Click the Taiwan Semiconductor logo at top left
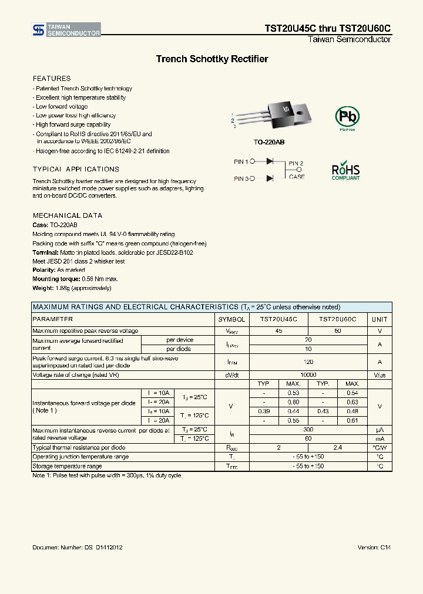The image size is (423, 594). [x=66, y=30]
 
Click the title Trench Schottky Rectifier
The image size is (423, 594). [x=211, y=59]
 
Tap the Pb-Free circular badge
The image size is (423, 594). [x=345, y=118]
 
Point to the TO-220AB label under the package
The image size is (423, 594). [x=269, y=143]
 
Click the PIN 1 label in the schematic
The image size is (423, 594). [x=241, y=161]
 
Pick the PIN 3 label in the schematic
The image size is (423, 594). [x=241, y=178]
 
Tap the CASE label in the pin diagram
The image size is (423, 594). [x=297, y=177]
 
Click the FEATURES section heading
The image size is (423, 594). [x=52, y=79]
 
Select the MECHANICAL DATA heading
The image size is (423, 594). [x=67, y=215]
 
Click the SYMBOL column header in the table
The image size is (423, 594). [x=231, y=319]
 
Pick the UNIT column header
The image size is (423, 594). [x=380, y=319]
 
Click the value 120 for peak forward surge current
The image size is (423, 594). [x=308, y=362]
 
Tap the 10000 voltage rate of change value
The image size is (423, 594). [x=308, y=374]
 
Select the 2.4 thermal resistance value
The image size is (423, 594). [x=338, y=447]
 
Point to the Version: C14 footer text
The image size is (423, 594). [x=374, y=548]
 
